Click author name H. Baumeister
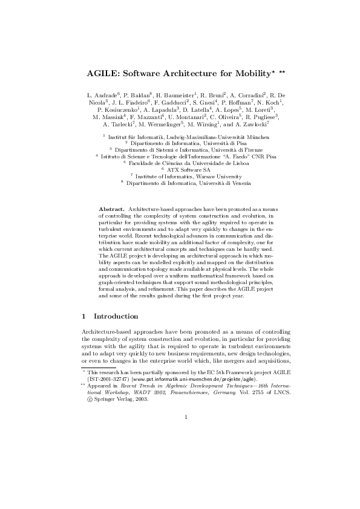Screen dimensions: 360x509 point(176,96)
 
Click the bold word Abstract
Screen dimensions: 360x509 point(111,208)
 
